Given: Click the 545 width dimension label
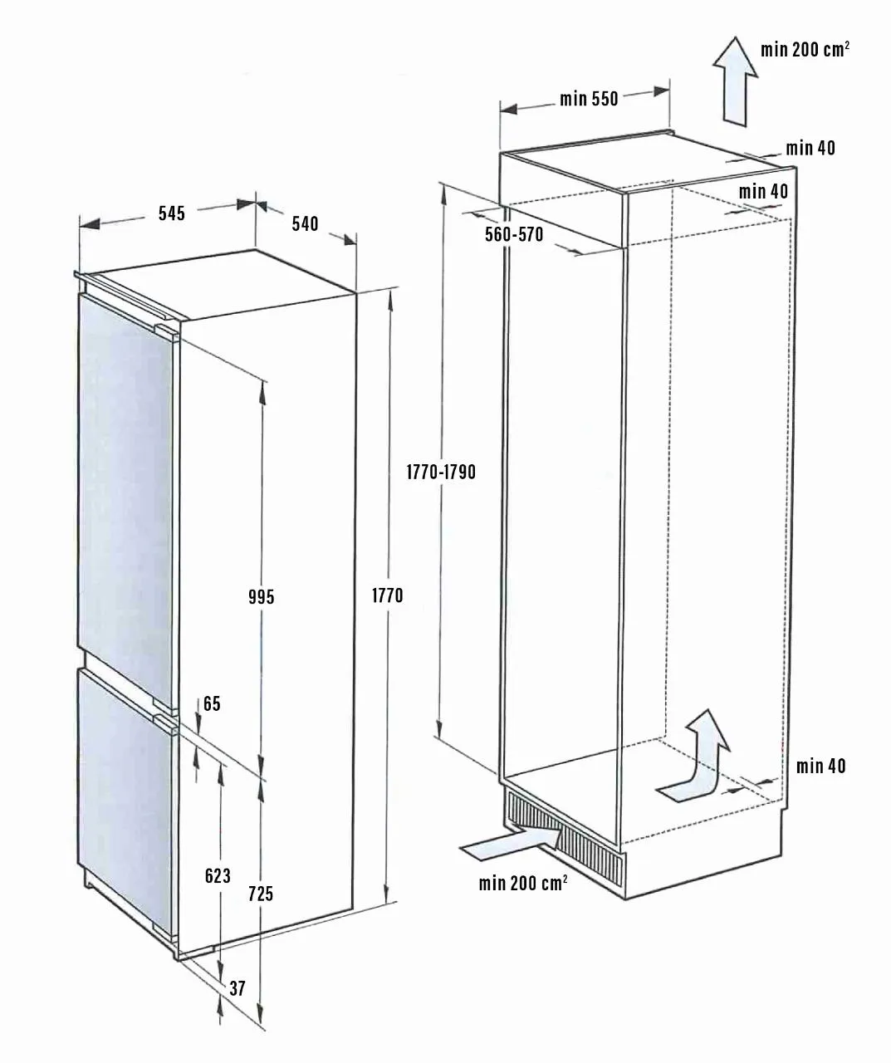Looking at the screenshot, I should click(171, 213).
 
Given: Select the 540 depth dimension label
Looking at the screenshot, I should click(305, 223).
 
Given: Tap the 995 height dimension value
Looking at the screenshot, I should click(261, 596).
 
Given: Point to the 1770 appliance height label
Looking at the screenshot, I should click(387, 595).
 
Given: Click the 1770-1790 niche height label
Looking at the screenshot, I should click(441, 473).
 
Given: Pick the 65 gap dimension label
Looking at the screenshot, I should click(212, 704).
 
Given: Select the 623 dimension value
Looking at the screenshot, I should click(218, 875).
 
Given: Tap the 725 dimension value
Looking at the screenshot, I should click(261, 894).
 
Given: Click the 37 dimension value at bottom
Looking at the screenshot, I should click(237, 988).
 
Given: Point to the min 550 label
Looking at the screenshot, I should click(589, 99).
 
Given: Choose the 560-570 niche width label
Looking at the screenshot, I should click(514, 235).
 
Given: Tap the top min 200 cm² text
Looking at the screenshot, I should click(805, 49).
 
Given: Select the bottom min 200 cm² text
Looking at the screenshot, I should click(523, 883).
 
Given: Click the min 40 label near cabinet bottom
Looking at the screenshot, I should click(820, 766).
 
